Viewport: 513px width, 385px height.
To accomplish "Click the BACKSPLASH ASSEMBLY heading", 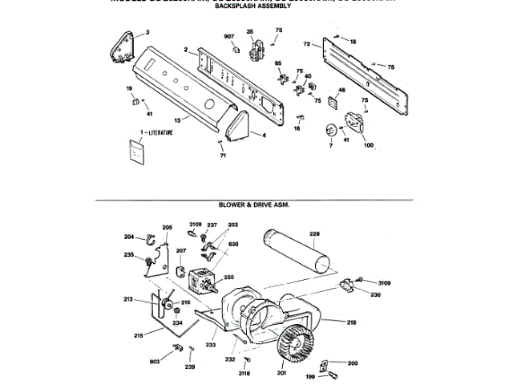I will pyautogui.click(x=252, y=6).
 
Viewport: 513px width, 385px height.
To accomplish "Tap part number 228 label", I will pyautogui.click(x=314, y=234).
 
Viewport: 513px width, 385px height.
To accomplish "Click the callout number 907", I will pyautogui.click(x=228, y=37).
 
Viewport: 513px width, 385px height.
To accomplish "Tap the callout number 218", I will pyautogui.click(x=351, y=322).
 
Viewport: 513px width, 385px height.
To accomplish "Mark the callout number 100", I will pyautogui.click(x=368, y=144).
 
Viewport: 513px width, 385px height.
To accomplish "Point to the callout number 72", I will pyautogui.click(x=306, y=43).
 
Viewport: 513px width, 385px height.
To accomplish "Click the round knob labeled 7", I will pyautogui.click(x=329, y=132).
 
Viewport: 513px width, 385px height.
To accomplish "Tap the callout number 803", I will pyautogui.click(x=155, y=363).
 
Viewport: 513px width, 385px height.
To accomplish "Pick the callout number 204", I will pyautogui.click(x=129, y=236).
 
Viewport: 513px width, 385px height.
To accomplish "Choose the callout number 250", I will pyautogui.click(x=228, y=277).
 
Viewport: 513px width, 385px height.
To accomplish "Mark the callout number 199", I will pyautogui.click(x=308, y=375).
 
